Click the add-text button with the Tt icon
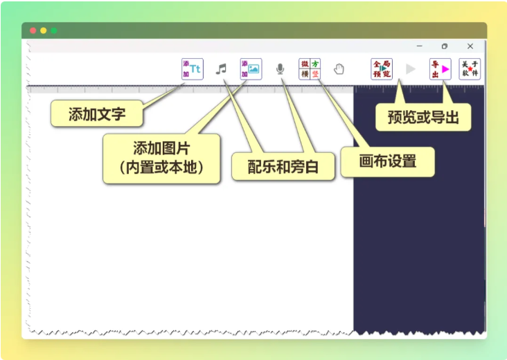coord(192,69)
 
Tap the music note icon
coord(221,69)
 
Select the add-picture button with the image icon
coord(251,69)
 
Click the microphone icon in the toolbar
coord(281,69)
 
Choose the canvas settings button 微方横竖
coord(310,69)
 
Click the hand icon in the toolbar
coord(339,69)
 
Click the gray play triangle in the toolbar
coord(411,69)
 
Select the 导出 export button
coord(440,69)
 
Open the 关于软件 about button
coord(470,69)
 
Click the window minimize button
coord(420,46)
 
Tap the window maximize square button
coord(445,46)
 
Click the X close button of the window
coord(470,46)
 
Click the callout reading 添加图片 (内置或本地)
coord(161,159)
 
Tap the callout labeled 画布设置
coord(388,162)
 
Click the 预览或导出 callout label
coord(423,117)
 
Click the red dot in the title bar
coord(33,30)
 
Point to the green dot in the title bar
coord(53,30)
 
